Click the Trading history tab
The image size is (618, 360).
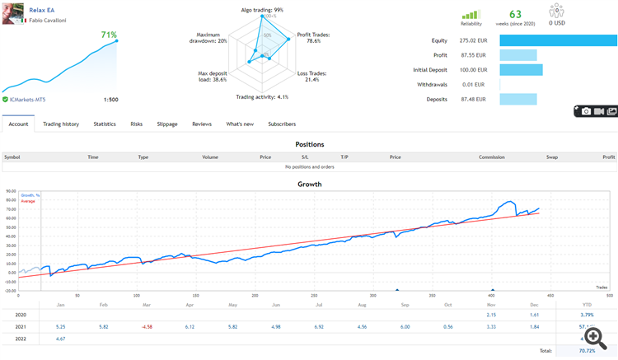click(x=61, y=124)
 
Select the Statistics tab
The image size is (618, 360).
click(x=105, y=124)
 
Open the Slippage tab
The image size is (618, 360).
click(x=167, y=124)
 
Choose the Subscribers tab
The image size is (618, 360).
click(x=282, y=124)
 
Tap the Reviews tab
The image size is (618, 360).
click(x=202, y=124)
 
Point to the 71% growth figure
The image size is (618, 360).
click(x=109, y=35)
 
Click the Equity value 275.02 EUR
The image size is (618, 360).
click(x=474, y=40)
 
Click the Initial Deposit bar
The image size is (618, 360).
click(x=521, y=69)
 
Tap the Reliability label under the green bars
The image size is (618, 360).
click(x=471, y=24)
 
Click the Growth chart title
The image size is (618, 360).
click(x=309, y=184)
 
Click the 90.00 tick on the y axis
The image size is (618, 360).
click(x=12, y=192)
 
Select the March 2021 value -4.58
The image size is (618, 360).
click(x=147, y=327)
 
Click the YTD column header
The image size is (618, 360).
click(x=586, y=304)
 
